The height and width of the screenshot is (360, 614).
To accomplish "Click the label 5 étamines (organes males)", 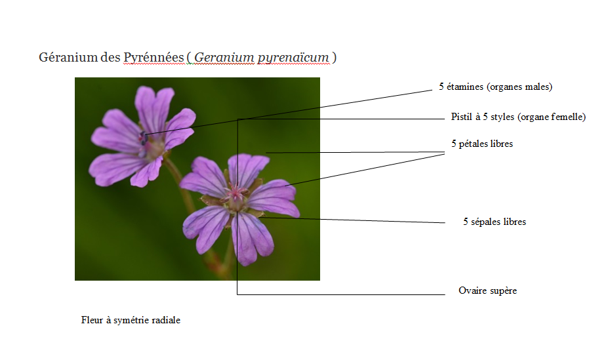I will click(495, 87).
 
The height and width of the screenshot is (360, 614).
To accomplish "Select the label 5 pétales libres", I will click(481, 144).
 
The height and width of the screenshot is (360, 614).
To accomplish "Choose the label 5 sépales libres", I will click(494, 222).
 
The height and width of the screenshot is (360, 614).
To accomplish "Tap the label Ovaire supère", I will click(487, 290).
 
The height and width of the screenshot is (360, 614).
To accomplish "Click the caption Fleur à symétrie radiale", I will click(131, 321).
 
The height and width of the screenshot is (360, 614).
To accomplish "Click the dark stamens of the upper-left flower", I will click(144, 138).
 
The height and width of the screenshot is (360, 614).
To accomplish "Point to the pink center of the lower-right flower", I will click(235, 193).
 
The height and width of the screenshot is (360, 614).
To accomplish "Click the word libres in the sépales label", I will click(514, 222).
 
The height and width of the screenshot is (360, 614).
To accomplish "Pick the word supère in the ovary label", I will click(503, 290).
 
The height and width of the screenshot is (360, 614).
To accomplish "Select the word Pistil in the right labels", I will click(462, 117).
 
